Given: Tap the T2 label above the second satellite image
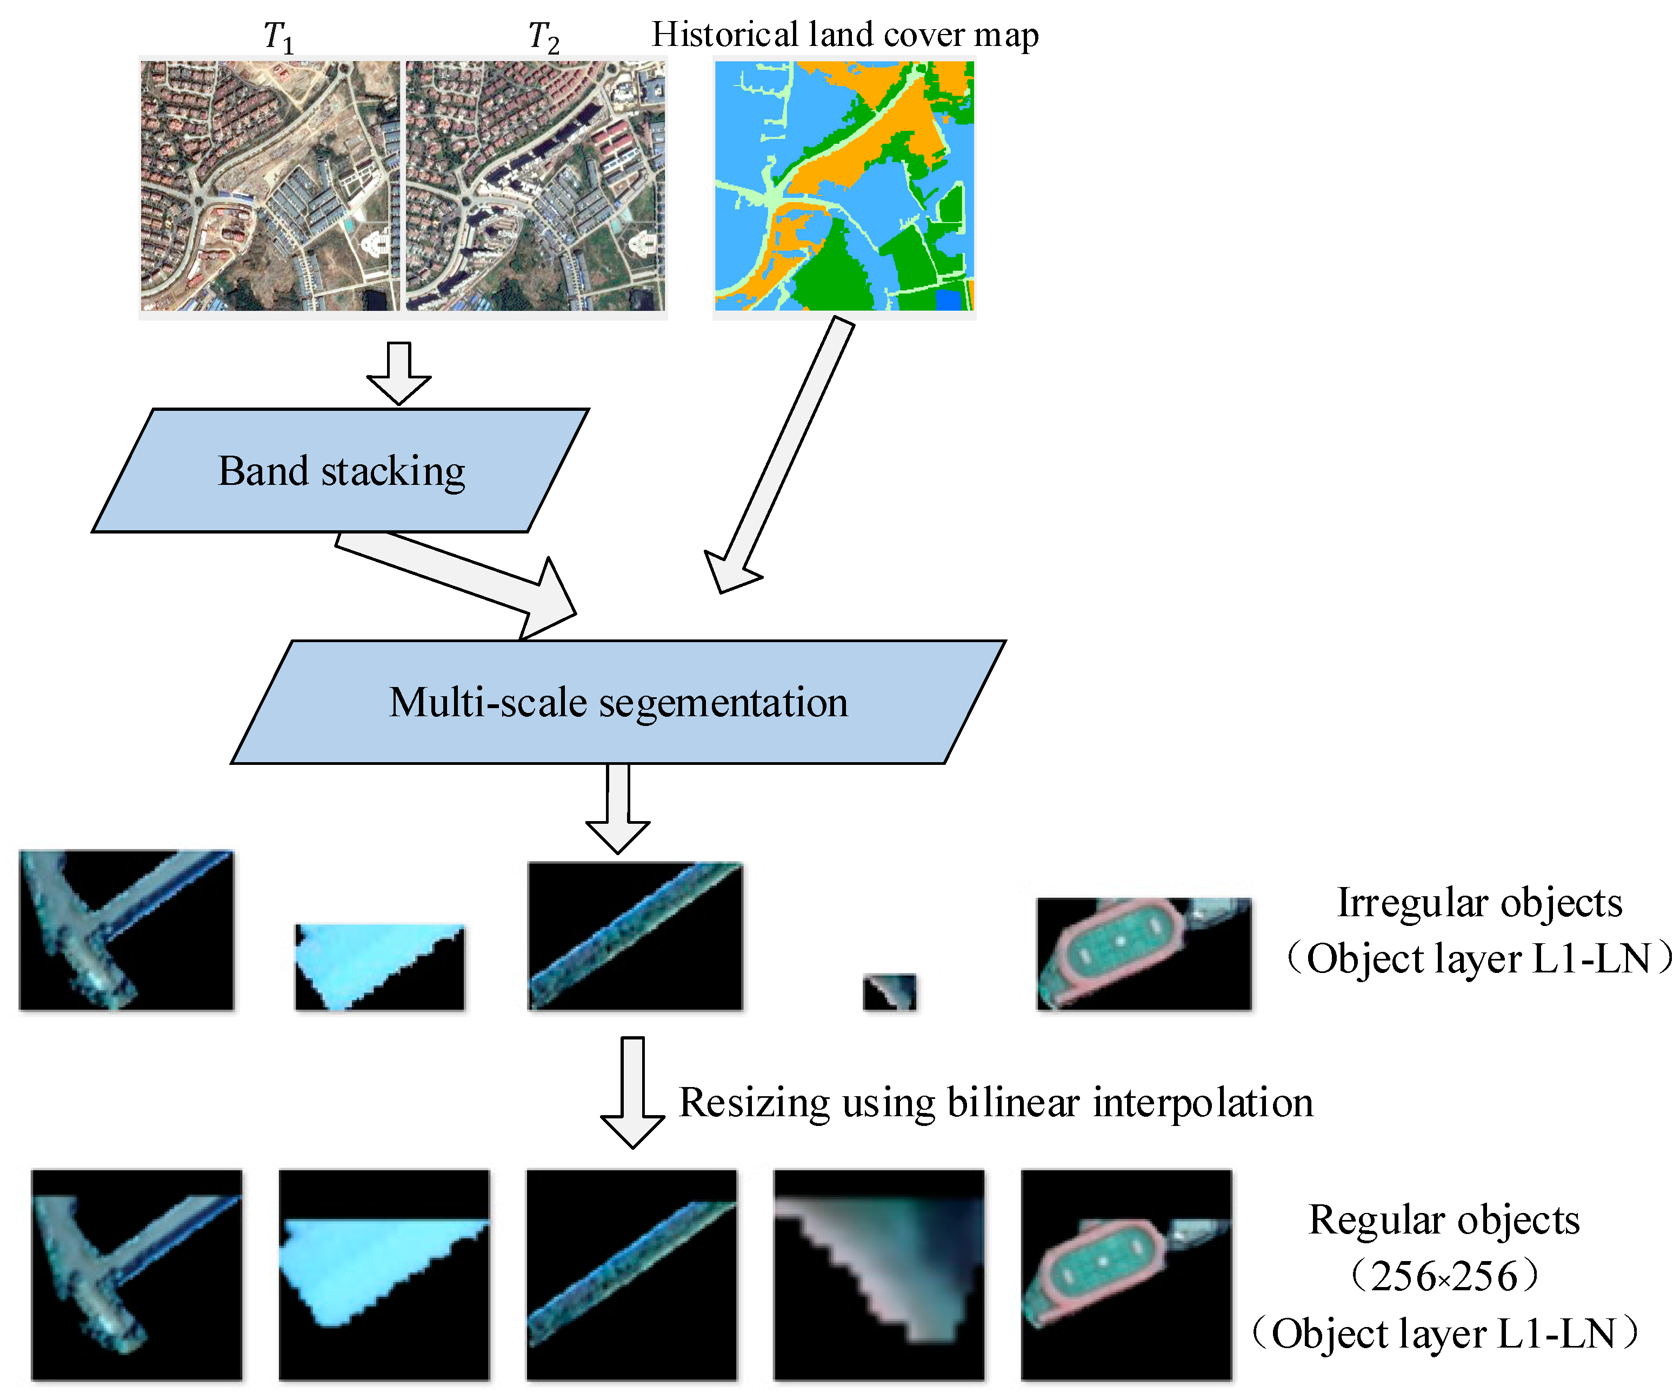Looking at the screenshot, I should click(x=543, y=37).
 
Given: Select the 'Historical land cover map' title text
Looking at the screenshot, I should click(x=845, y=35).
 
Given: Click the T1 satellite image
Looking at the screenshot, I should click(x=270, y=185).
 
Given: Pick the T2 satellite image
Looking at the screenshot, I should click(x=535, y=185).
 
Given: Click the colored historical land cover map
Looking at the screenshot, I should click(x=844, y=185).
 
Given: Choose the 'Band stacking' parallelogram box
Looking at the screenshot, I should click(x=341, y=470).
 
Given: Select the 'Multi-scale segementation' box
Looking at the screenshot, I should click(x=618, y=702).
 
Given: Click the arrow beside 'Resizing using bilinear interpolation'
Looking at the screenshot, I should click(x=632, y=1092).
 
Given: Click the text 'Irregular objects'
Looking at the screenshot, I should click(x=1479, y=902).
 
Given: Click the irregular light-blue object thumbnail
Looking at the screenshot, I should click(x=379, y=966).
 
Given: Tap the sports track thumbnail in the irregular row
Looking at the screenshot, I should click(x=1143, y=954).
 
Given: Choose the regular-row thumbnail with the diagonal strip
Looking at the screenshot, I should click(x=631, y=1275).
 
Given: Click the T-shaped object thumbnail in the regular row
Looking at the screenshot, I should click(x=137, y=1275).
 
